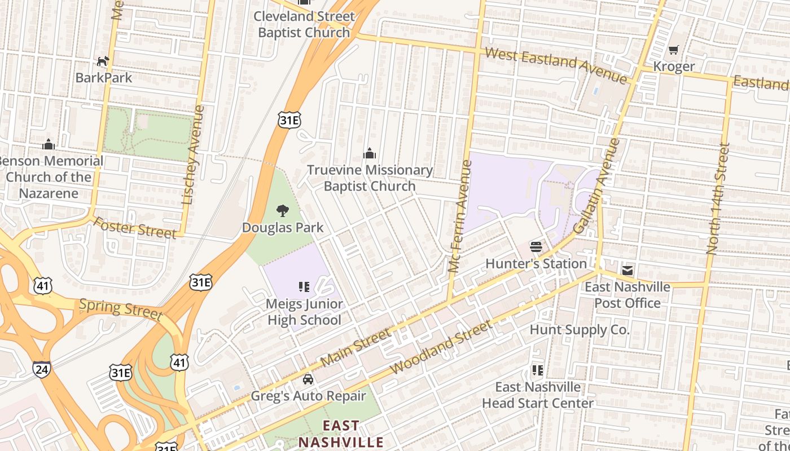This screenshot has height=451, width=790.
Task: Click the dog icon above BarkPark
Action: point(103,61)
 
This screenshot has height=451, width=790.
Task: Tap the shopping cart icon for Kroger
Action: point(673,50)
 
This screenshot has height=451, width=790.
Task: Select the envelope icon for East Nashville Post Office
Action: point(627,271)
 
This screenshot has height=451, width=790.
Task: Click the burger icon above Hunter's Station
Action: point(536,247)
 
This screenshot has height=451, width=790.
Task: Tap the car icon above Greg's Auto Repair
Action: point(308,379)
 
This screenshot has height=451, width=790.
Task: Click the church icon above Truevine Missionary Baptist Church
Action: point(370,153)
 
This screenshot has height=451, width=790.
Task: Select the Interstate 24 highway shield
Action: point(41,369)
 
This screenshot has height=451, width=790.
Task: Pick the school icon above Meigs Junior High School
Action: point(304,288)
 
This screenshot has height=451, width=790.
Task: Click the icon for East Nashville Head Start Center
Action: point(538,370)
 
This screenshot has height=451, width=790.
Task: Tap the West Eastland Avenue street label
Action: point(556,65)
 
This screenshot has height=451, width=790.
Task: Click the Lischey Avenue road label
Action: point(192,154)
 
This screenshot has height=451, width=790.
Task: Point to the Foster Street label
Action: point(134,228)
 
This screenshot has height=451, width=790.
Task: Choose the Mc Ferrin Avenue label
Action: point(459,217)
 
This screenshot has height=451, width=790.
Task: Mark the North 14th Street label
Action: point(718,198)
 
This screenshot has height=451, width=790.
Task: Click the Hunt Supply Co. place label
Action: point(580,329)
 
